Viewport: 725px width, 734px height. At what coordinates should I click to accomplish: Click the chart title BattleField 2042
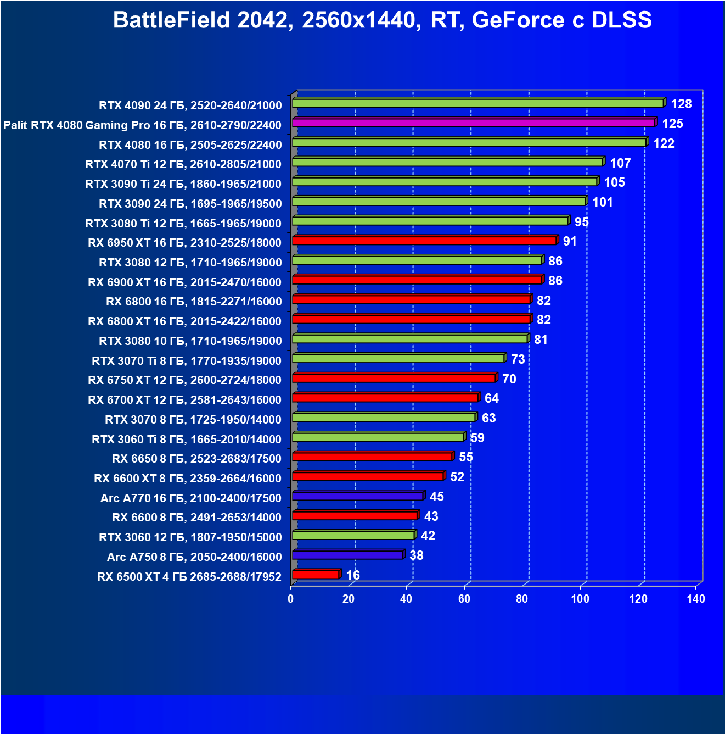pos(382,20)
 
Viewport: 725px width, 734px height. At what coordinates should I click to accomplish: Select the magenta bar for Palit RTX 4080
pos(474,123)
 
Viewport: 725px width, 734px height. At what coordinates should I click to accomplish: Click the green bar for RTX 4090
pos(477,103)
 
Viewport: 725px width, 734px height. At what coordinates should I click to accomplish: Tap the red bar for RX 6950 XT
pos(424,241)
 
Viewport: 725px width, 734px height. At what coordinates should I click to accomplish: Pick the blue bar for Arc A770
pos(357,496)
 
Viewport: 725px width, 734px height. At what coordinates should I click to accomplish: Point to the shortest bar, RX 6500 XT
pos(316,575)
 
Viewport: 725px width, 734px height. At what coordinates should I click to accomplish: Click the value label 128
pos(681,104)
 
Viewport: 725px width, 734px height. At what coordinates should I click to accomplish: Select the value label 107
pos(620,163)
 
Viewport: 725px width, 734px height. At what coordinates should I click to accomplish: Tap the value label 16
pos(353,575)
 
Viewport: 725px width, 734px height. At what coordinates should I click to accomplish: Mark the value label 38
pos(417,555)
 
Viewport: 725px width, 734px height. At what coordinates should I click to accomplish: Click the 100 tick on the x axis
pos(580,599)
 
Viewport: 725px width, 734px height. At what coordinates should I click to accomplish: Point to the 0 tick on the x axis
pos(291,599)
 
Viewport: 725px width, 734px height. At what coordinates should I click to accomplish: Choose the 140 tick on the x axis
pos(696,599)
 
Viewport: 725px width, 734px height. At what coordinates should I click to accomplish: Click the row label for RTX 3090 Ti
pos(183,184)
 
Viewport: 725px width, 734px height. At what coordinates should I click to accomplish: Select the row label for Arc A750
pos(194,557)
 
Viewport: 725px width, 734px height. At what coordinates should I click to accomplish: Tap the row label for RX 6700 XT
pos(184,400)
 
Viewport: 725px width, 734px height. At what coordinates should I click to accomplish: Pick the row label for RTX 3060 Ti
pos(187,440)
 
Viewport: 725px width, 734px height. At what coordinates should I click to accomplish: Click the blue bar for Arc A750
pos(347,555)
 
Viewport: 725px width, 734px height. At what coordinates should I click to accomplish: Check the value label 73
pos(518,359)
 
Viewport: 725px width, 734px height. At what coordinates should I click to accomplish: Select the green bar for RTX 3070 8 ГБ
pos(383,418)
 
